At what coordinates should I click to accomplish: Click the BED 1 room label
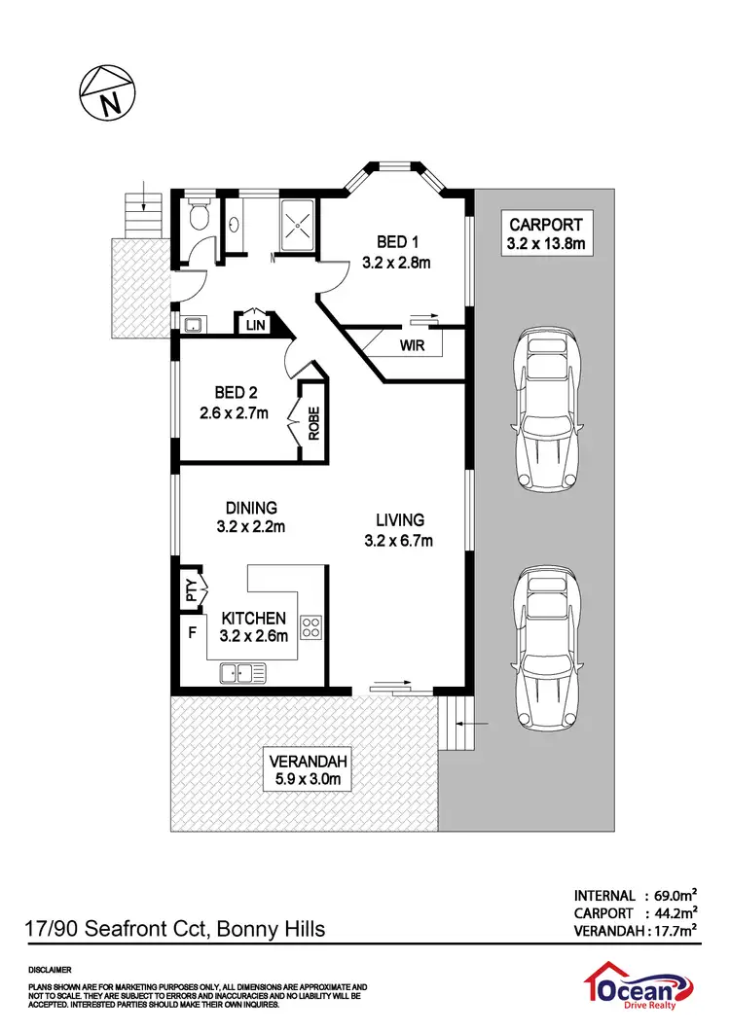click(395, 241)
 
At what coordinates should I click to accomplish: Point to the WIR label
click(411, 345)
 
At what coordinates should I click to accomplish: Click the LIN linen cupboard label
click(256, 324)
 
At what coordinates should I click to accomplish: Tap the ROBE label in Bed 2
click(314, 422)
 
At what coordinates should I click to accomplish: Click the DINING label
click(252, 508)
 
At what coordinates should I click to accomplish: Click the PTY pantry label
click(192, 587)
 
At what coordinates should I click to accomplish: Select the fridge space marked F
click(191, 631)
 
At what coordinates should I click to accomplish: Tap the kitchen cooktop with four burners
click(312, 626)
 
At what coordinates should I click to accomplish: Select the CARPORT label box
click(545, 233)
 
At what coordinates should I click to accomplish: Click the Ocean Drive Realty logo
click(641, 992)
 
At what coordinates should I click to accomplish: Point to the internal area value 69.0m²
click(672, 895)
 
